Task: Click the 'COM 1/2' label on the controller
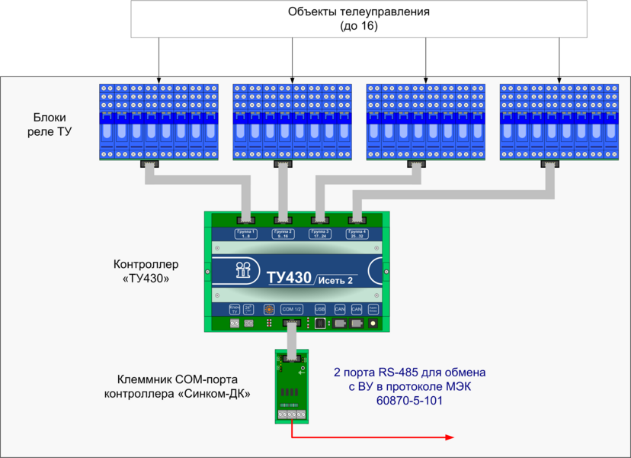[x=292, y=309]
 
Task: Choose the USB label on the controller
[x=320, y=309]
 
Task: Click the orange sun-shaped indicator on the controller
[x=268, y=309]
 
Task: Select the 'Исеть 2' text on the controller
[x=335, y=281]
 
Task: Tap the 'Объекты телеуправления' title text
[x=359, y=12]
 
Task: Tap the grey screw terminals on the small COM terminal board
[x=291, y=414]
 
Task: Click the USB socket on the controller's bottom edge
[x=320, y=324]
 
